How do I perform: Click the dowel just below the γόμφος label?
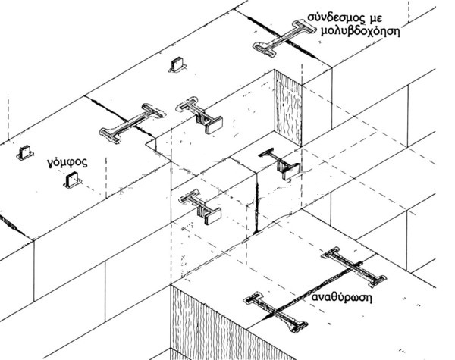pos(74,180)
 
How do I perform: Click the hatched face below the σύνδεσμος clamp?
pos(289,106)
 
